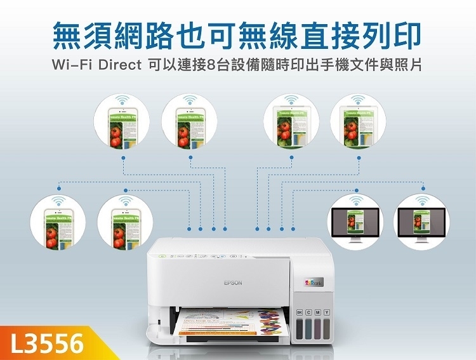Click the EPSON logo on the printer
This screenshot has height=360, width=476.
pos(233,283)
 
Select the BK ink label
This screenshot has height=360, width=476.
pos(299,313)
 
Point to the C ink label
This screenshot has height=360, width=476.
pos(308,313)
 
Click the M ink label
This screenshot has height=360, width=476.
pos(317,313)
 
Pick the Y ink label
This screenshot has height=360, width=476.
pos(326,313)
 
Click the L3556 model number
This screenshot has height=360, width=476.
pos(48,343)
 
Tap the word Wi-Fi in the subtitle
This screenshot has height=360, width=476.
pos(73,65)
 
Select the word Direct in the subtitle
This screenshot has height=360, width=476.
pos(118,65)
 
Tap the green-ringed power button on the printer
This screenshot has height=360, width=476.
pos(162,256)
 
